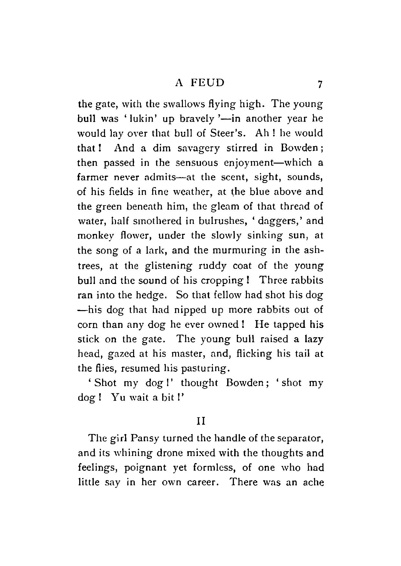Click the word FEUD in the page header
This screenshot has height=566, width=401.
coord(207,83)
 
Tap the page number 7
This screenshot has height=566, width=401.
coord(320,84)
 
